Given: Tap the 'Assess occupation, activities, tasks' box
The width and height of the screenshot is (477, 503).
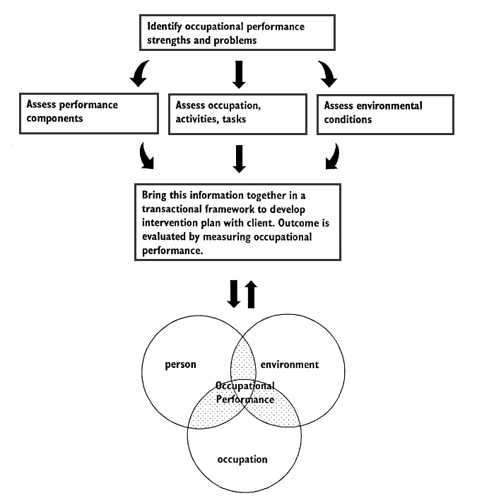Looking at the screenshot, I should point(238,112).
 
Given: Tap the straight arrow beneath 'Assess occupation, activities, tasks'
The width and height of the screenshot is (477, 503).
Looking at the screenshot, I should point(239,158).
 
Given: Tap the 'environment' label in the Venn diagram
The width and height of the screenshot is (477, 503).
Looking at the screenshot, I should point(290,365).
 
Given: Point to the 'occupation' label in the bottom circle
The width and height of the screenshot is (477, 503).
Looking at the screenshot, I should point(242,459).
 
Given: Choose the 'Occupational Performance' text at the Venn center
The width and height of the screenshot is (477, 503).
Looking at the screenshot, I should point(245,393).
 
